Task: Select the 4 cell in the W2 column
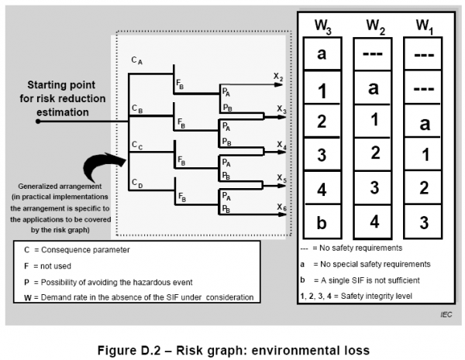point(374,222)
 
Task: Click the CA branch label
point(136,60)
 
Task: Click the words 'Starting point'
point(63,84)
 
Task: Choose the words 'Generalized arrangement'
point(61,188)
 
